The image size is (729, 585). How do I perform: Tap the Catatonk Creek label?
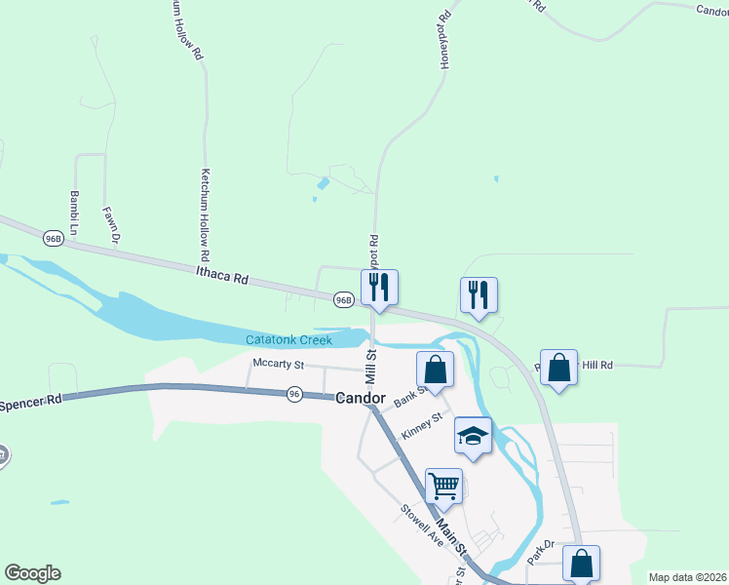click(288, 339)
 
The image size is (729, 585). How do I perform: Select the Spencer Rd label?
click(30, 401)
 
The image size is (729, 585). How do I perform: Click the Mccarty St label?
click(279, 365)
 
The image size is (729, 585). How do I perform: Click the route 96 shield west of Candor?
click(295, 394)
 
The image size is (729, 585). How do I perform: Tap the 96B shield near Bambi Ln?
click(54, 238)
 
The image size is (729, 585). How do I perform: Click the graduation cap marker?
click(474, 436)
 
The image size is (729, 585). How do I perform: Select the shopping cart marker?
click(443, 485)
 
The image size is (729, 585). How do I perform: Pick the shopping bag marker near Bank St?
click(435, 369)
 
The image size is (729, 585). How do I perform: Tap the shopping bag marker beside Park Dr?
click(581, 563)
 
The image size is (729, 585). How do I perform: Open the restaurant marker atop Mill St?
click(379, 287)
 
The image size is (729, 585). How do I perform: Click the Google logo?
click(32, 573)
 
